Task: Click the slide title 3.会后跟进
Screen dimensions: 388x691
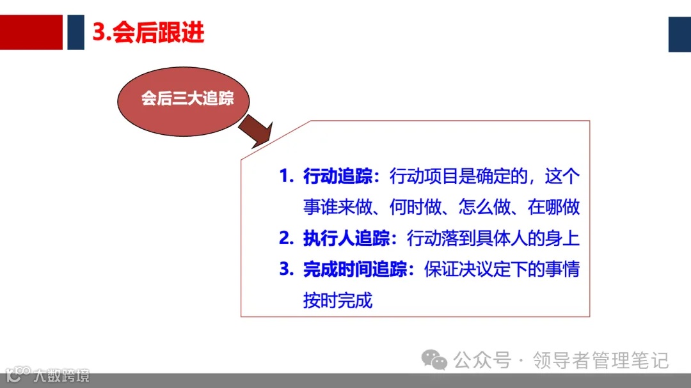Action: pos(148,33)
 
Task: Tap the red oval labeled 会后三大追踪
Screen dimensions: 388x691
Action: pos(187,99)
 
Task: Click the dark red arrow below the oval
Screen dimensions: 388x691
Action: pos(256,134)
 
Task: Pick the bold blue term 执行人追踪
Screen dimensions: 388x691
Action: pos(346,238)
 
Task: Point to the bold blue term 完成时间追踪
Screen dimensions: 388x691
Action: pos(355,269)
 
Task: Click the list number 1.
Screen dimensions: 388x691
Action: pos(285,177)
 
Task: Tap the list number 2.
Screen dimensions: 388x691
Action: pos(285,238)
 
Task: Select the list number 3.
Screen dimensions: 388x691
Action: pos(285,269)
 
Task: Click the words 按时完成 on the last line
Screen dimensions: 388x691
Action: pos(337,300)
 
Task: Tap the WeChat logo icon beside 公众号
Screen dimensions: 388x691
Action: pos(438,361)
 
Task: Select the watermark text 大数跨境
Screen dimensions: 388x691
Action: pos(62,375)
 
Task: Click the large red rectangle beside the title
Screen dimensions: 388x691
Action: pos(31,32)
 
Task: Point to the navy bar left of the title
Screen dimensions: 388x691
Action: pos(75,32)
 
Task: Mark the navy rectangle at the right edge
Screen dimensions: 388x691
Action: pos(679,34)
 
